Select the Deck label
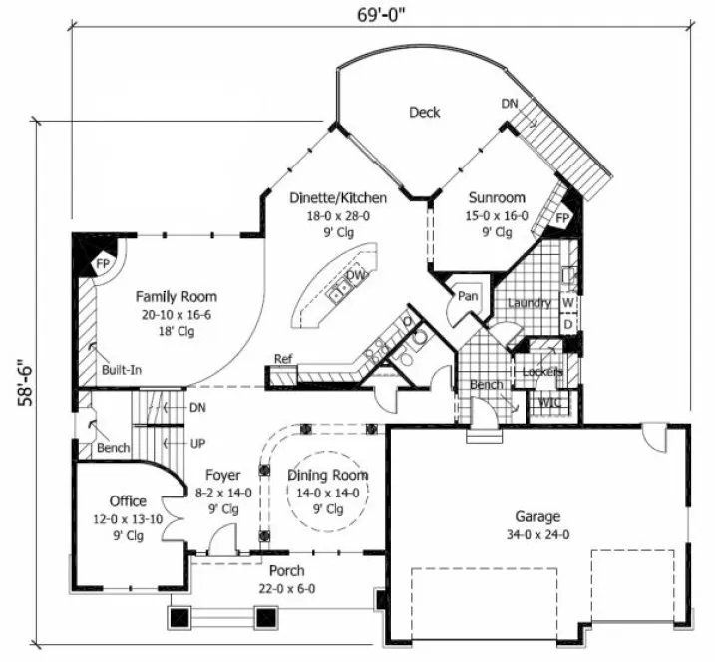(425, 112)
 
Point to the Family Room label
(177, 296)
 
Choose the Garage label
(536, 516)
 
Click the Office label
(128, 500)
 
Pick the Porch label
(287, 571)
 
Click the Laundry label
(529, 302)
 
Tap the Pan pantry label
(466, 295)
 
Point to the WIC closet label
(547, 404)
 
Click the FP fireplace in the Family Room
(103, 264)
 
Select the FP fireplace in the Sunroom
(562, 218)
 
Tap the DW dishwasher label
(354, 275)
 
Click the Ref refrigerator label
(282, 359)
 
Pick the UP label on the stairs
(197, 443)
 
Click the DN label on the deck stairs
(510, 104)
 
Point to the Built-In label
(121, 370)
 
